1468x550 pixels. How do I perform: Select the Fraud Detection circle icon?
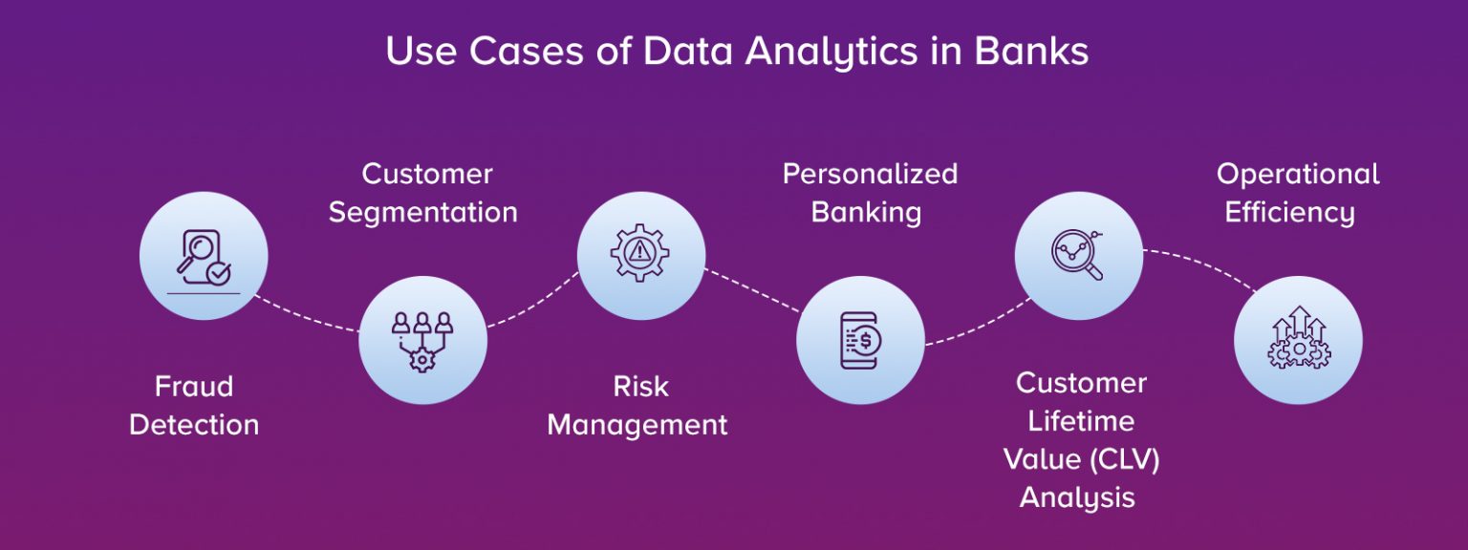204,255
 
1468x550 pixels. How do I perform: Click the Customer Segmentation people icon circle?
422,340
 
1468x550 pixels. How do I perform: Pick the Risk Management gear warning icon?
640,255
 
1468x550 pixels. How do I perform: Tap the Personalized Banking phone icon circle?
860,340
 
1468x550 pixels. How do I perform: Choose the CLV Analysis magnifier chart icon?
1078,255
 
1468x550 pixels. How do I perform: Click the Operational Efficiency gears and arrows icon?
1298,340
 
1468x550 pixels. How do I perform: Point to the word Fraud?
194,387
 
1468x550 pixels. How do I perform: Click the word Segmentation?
422,212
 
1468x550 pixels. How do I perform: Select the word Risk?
640,387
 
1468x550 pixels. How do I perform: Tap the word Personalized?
870,174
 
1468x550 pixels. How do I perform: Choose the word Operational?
1298,174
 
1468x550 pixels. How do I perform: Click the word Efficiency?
1289,212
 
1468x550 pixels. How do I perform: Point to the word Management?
637,425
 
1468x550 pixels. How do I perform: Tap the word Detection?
194,425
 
